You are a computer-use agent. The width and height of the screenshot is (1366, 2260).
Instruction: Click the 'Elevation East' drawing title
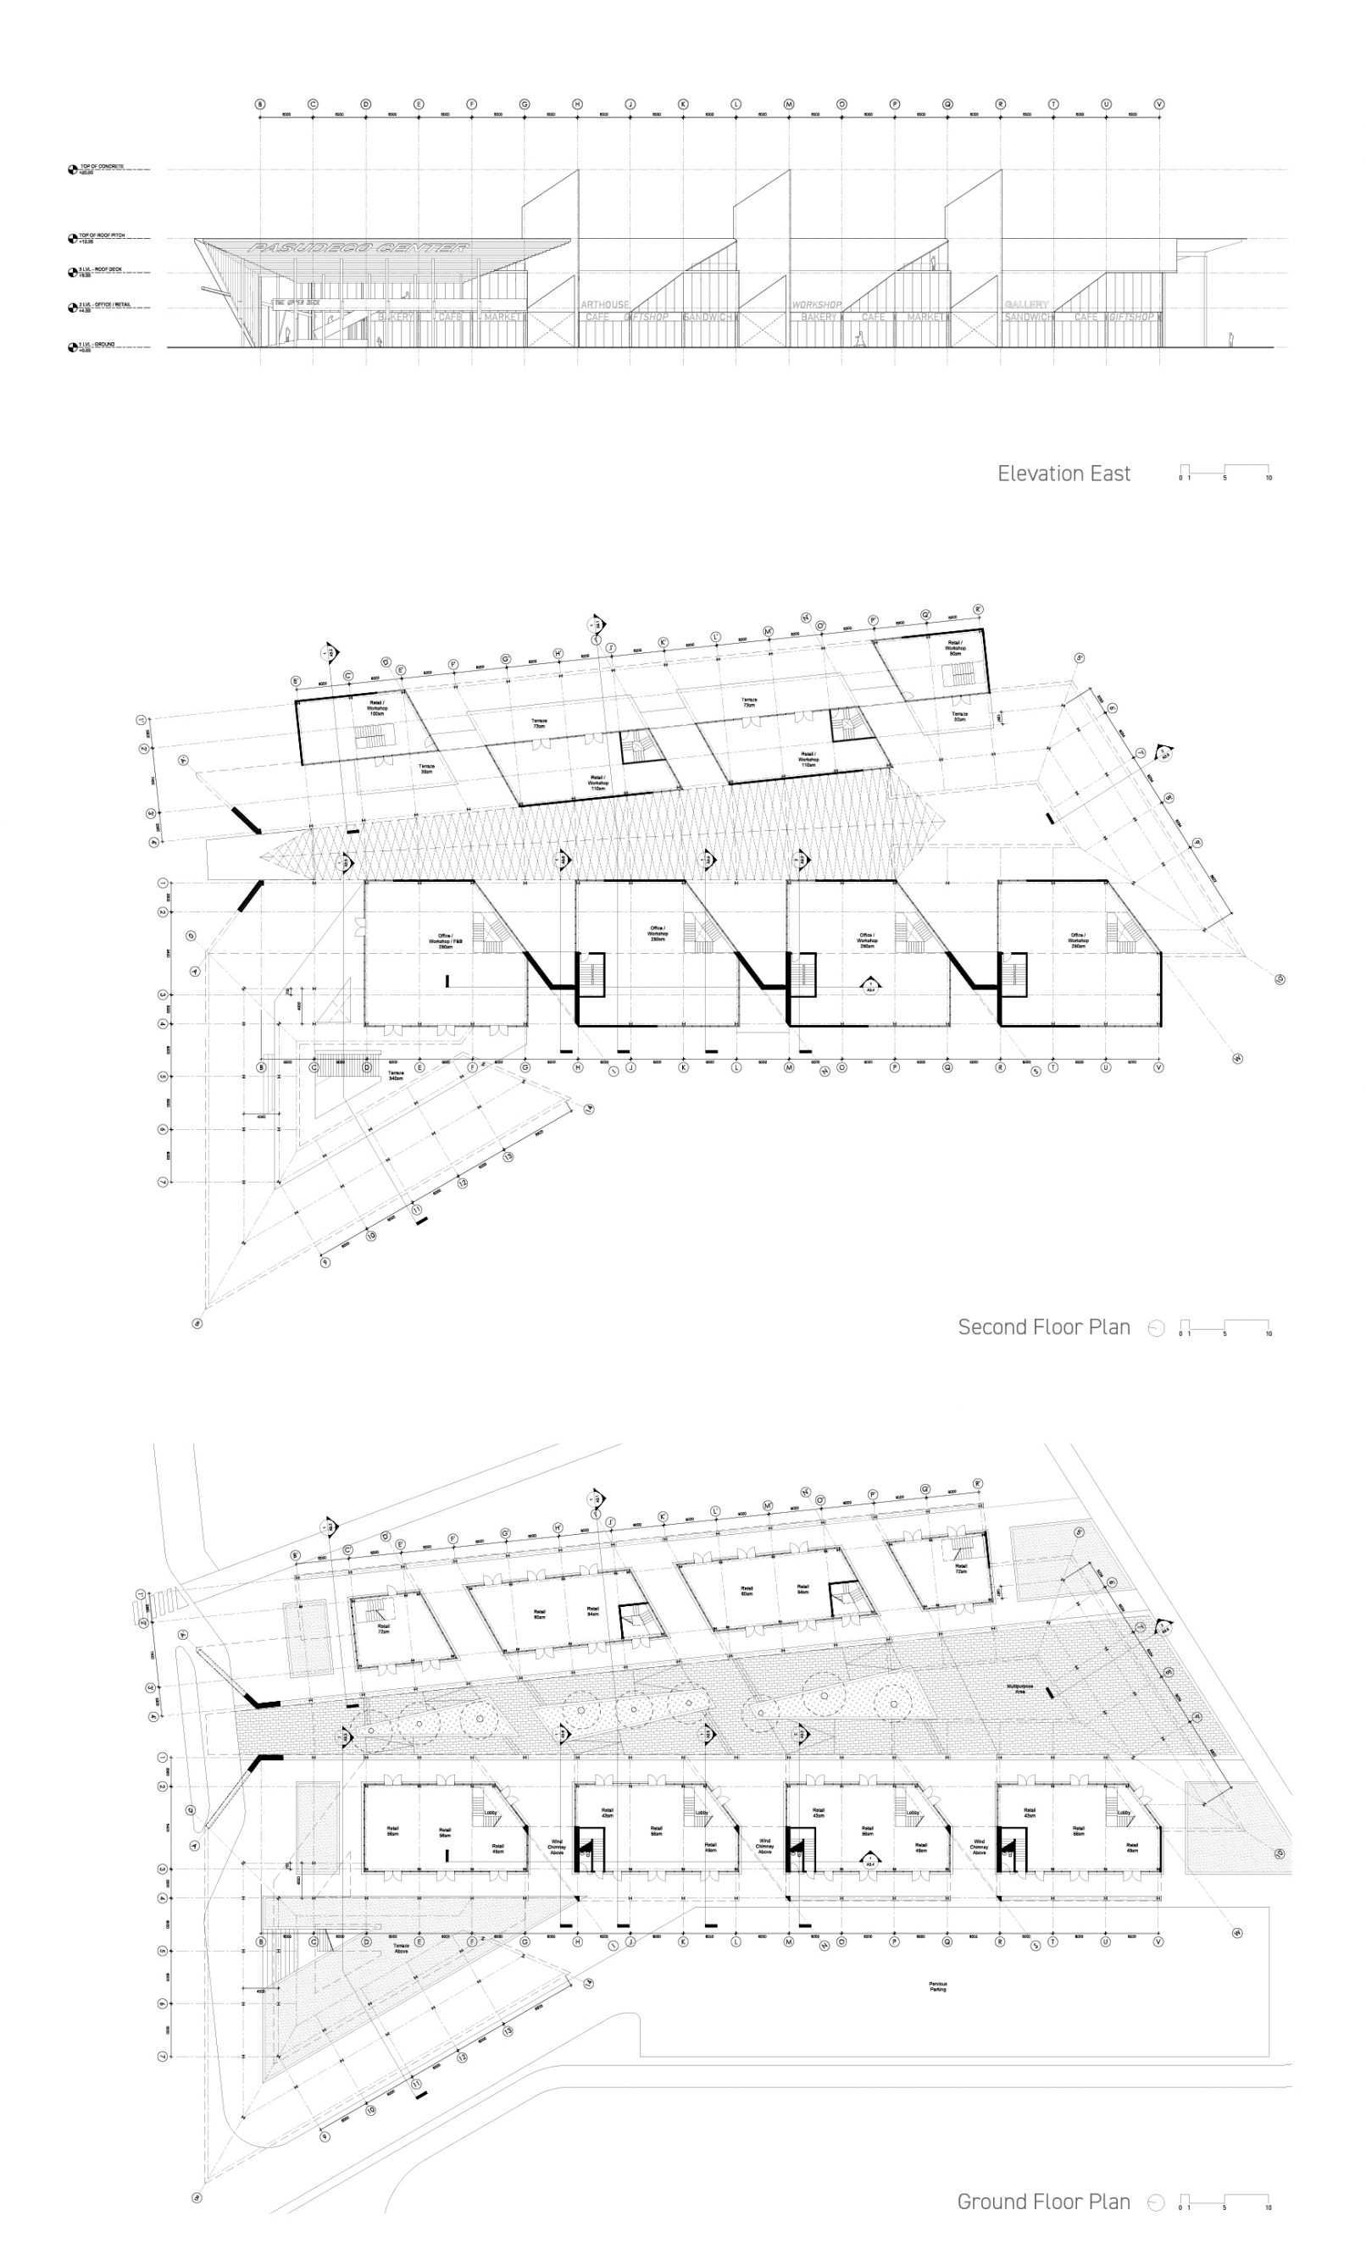point(1063,474)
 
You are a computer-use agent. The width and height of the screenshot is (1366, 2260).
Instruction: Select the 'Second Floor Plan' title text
point(1043,1327)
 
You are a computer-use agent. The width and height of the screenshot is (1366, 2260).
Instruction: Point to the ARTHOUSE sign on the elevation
point(604,304)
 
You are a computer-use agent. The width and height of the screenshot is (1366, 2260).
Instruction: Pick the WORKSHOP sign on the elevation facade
point(815,304)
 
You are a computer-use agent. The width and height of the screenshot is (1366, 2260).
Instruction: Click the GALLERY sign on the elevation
point(1025,304)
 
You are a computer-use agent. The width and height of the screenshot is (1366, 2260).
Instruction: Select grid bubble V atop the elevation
point(1158,104)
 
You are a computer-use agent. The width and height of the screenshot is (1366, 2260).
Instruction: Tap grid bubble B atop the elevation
point(259,104)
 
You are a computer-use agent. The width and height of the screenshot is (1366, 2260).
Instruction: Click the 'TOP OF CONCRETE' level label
point(101,168)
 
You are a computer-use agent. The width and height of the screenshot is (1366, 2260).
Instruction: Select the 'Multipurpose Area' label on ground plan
point(1020,1687)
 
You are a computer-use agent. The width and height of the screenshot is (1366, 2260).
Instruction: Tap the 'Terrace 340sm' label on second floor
point(396,1075)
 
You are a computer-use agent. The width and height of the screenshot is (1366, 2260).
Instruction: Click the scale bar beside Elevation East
point(1224,473)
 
